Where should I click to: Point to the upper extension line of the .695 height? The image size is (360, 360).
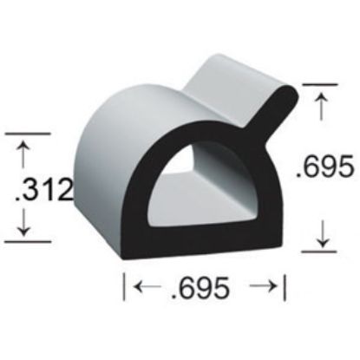pyautogui.click(x=319, y=84)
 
